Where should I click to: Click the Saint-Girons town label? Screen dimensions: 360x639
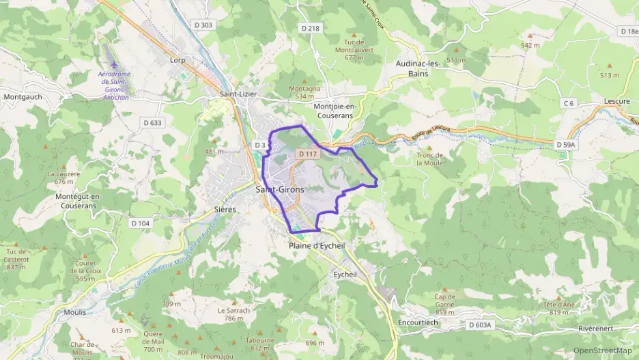(x=279, y=189)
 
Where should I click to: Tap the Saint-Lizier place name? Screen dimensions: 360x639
(x=238, y=94)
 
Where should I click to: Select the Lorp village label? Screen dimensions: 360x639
(x=177, y=60)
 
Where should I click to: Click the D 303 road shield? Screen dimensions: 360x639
(x=203, y=25)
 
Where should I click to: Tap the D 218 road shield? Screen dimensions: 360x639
(x=310, y=28)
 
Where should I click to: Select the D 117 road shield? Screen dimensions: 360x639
(x=309, y=154)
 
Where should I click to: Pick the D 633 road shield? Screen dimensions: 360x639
(x=153, y=123)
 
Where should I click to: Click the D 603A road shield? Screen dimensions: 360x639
(x=480, y=325)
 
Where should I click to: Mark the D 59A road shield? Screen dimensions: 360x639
(x=566, y=146)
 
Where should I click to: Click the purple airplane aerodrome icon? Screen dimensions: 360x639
(x=113, y=64)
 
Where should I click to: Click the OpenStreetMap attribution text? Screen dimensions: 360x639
(x=602, y=350)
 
